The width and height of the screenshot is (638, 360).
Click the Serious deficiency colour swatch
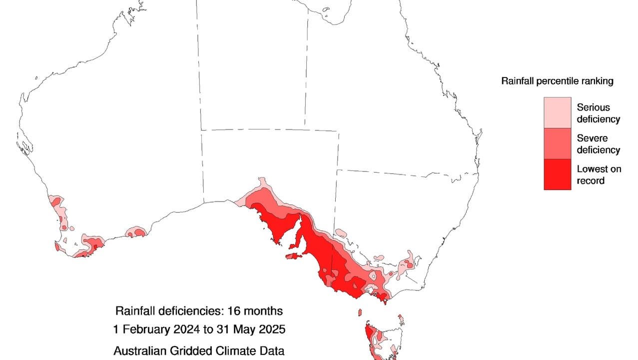click(x=557, y=112)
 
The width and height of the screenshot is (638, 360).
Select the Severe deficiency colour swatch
click(x=557, y=143)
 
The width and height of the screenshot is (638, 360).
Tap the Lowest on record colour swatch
click(x=557, y=174)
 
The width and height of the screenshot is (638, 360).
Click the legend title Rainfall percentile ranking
click(x=557, y=81)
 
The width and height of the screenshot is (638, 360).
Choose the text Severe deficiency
click(x=598, y=144)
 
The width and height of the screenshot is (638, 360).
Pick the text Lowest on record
click(x=599, y=175)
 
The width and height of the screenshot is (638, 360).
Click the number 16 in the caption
click(x=233, y=311)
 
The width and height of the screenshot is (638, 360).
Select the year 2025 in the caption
click(x=272, y=330)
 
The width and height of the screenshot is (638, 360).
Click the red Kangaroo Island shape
click(x=294, y=256)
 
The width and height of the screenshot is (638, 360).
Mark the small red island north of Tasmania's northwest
click(x=359, y=312)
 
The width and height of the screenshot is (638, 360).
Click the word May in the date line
click(x=247, y=330)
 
